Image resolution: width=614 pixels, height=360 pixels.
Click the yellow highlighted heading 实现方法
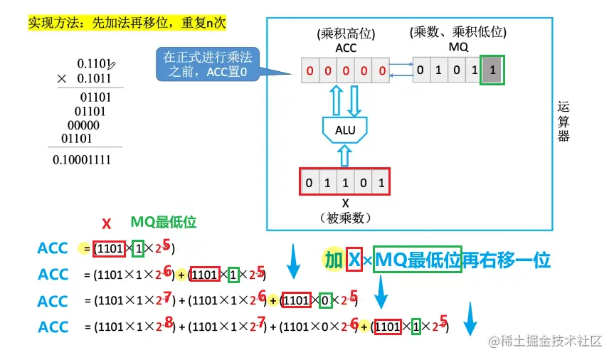tap(127, 23)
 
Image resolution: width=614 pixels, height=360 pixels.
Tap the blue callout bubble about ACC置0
tap(207, 65)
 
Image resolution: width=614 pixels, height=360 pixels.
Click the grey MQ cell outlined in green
tap(494, 70)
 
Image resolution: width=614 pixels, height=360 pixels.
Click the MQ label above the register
tap(458, 46)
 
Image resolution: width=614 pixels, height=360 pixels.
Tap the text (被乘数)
tap(345, 217)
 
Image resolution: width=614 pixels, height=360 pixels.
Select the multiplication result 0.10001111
tap(82, 160)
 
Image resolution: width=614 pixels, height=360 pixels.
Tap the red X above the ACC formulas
tap(106, 224)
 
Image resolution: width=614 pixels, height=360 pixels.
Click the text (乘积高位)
tap(345, 34)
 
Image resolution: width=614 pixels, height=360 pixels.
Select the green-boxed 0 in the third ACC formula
tap(325, 300)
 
